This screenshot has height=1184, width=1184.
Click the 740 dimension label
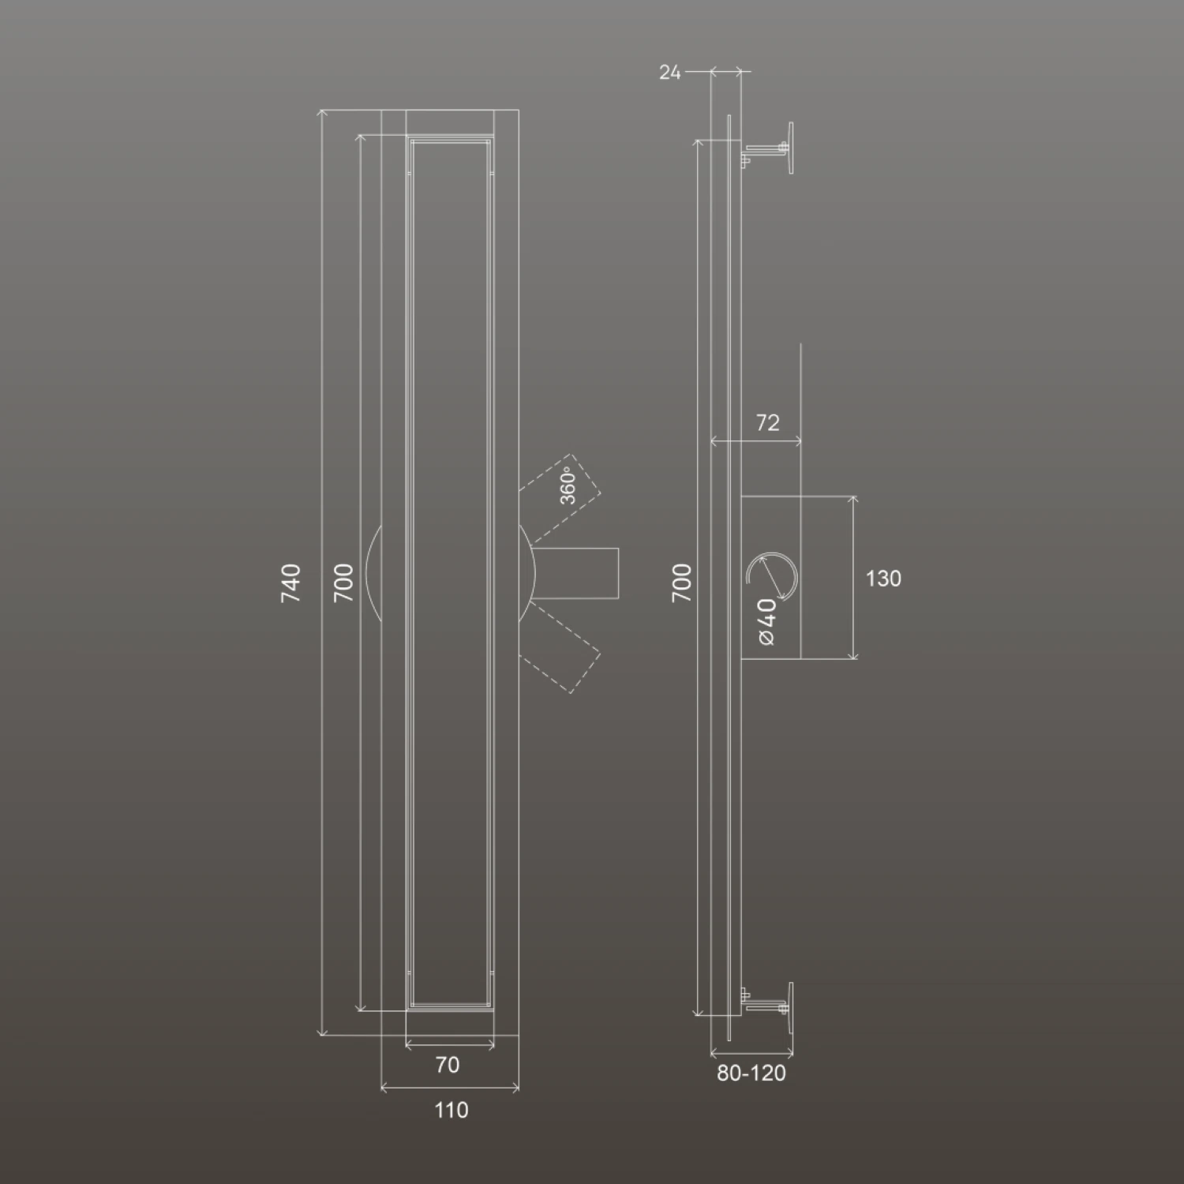pos(291,583)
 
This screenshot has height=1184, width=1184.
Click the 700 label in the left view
pos(343,583)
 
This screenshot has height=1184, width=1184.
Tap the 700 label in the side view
pos(682,583)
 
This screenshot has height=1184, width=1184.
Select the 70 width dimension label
pos(448,1065)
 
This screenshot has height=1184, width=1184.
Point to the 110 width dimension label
pos(451,1110)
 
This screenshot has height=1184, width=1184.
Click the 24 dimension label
pos(669,73)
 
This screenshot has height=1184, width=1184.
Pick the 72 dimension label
pos(767,423)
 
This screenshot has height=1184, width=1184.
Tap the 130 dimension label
pos(883,579)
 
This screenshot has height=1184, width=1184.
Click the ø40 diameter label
pos(766,621)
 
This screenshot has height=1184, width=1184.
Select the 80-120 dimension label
pos(751,1073)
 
